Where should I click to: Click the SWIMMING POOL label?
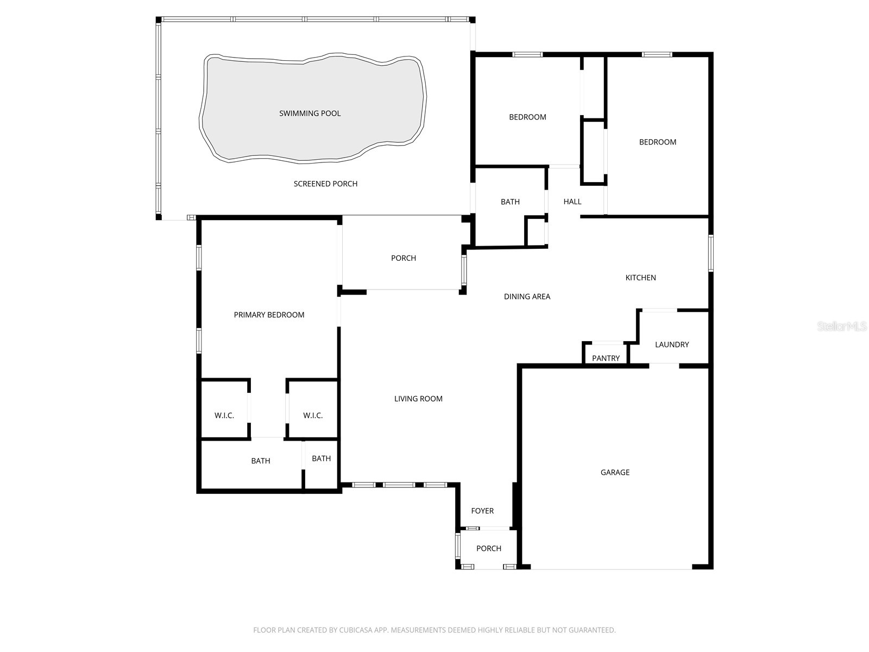310,114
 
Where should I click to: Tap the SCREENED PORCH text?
325,184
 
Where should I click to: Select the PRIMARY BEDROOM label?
269,315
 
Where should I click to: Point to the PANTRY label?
606,358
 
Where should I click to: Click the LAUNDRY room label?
672,344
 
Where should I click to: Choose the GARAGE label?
615,472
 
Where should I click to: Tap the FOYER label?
482,511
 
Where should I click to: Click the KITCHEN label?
640,278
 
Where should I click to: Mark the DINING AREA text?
527,297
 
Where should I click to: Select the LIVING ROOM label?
418,399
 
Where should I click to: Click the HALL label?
572,202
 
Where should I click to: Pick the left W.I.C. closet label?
224,416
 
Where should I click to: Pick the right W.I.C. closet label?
313,416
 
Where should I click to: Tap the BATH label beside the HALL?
510,202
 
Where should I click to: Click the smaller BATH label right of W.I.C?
321,459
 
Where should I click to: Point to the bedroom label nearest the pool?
527,117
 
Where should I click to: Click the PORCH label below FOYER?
489,548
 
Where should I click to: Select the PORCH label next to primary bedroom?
404,258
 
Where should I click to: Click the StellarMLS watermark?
842,327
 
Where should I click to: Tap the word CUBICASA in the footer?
356,630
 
